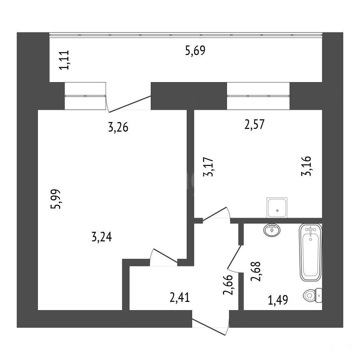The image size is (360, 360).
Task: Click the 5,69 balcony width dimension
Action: [x=195, y=51]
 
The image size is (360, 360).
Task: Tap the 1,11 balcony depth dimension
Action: [x=64, y=60]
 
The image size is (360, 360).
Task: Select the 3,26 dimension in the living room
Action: [x=118, y=128]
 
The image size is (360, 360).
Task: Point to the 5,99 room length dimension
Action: [x=56, y=199]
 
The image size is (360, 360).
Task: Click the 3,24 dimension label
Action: [x=102, y=237]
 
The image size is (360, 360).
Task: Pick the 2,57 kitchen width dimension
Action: [x=254, y=124]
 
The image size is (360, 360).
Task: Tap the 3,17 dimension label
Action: [x=209, y=167]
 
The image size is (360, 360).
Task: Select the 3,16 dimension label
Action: [x=306, y=166]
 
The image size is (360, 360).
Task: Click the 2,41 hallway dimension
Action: [x=179, y=297]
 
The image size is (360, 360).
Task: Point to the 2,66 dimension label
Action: [x=228, y=285]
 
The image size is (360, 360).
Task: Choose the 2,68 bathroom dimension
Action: [x=256, y=271]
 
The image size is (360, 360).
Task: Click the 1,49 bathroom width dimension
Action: [x=278, y=300]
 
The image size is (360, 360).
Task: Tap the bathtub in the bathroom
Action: [x=310, y=252]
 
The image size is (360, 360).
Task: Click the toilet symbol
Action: [x=312, y=295]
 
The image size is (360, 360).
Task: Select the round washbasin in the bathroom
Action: [x=272, y=230]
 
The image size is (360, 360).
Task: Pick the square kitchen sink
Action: [x=277, y=208]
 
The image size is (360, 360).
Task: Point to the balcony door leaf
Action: [x=130, y=104]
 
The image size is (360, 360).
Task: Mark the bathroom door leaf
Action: [x=234, y=257]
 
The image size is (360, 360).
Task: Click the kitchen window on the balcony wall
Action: [x=258, y=96]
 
